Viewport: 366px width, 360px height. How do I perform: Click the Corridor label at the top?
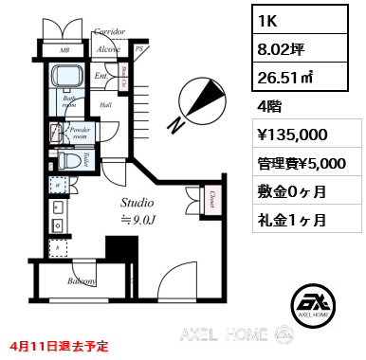(110, 32)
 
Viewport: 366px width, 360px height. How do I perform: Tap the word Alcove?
(107, 48)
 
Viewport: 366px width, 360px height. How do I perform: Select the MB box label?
(64, 49)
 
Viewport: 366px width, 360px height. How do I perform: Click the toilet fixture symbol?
(70, 161)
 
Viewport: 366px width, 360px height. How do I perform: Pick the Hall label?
(106, 105)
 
